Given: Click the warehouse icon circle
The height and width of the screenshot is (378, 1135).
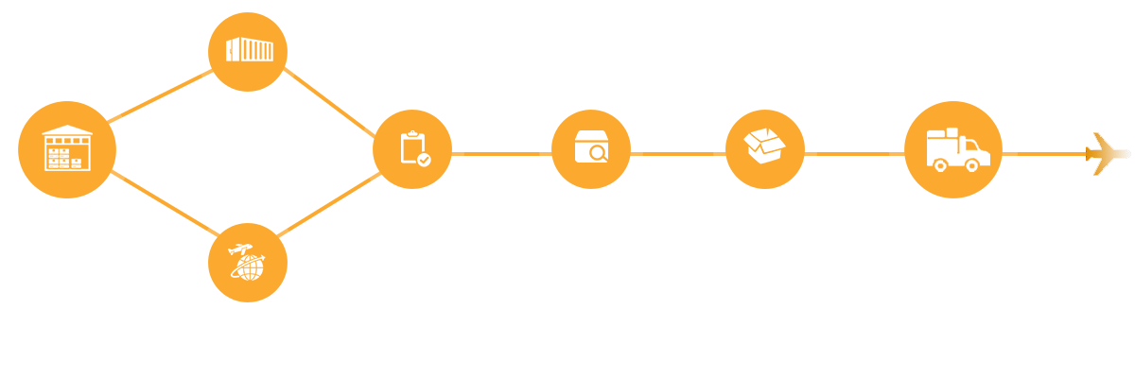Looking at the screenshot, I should pos(67,150).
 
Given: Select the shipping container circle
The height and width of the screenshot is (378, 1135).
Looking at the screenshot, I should pos(248,51).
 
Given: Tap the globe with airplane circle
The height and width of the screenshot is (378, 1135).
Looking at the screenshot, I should pos(248,262).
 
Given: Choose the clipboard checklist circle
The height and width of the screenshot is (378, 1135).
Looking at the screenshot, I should pos(412,149).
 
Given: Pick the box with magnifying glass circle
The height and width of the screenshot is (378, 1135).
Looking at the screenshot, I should pos(591,149).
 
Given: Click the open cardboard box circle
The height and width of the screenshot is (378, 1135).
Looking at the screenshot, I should pos(765,149).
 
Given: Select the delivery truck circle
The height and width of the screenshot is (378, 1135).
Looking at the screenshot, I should pos(953,149).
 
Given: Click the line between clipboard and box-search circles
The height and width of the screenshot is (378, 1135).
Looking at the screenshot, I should pos(501,154).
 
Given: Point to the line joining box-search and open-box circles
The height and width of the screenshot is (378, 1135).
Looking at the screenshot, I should pos(677,154).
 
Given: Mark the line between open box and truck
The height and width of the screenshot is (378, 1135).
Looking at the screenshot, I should pos(852,154).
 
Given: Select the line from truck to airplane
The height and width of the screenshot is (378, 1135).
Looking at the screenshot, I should pos(1050,154).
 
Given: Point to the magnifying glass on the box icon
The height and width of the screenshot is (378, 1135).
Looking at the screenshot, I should pos(598,153).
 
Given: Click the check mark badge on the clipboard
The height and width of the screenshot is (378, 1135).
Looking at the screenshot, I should pos(424,160).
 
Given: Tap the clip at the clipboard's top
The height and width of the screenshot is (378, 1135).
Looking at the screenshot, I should pos(411,135).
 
